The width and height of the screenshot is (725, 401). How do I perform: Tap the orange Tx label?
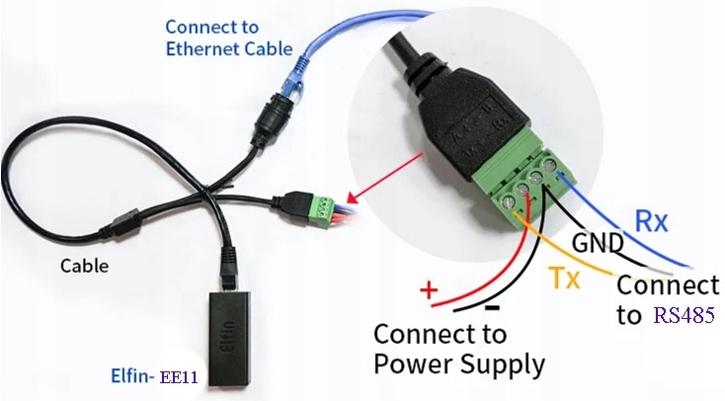tap(564, 280)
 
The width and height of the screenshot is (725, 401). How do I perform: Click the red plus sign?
tap(428, 290)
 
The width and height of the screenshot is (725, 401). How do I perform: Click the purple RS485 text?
tap(684, 316)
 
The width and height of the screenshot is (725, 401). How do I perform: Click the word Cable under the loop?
tap(85, 266)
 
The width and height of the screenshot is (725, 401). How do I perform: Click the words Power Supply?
tap(459, 363)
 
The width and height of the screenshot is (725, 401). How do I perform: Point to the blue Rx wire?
tap(632, 233)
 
